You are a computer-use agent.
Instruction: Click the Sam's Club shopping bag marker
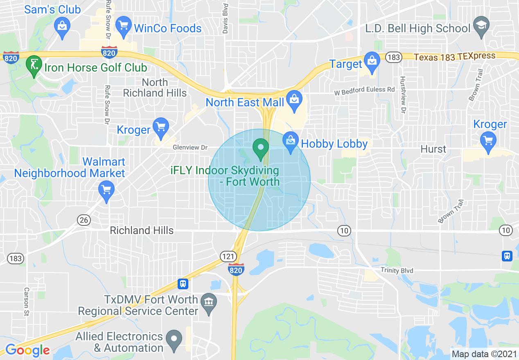coord(62,27)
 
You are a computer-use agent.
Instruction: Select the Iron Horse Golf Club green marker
coord(33,65)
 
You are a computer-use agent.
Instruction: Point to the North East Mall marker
coord(294,101)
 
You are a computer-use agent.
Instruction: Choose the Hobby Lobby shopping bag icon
coord(290,142)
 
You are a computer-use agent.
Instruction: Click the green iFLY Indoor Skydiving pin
coord(260,148)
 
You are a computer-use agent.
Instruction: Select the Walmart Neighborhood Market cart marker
coord(106,191)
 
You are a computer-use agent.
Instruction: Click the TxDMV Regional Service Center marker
coord(209,303)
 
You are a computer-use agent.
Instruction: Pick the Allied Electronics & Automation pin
coord(174,340)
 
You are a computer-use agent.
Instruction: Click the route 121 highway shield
coord(228,256)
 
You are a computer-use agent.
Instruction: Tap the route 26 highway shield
coord(84,220)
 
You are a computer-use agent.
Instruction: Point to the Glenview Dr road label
coord(190,147)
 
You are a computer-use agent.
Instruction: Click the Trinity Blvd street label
coord(397,270)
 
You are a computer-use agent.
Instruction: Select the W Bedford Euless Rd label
coord(365,91)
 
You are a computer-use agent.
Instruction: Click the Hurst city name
coord(433,149)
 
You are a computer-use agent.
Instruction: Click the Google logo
coord(27,350)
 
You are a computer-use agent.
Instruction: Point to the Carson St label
coord(27,302)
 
